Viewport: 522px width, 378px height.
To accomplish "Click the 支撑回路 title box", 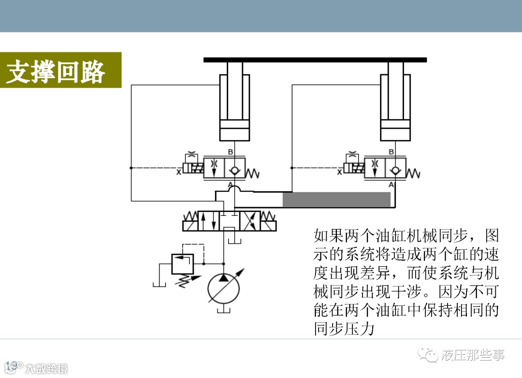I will tap(56, 70).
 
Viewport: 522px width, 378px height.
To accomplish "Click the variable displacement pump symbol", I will tap(223, 288).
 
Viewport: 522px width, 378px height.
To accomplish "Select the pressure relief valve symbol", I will tap(182, 264).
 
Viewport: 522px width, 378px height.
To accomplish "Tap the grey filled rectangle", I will tap(336, 199).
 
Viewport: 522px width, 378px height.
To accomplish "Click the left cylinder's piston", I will tap(234, 131).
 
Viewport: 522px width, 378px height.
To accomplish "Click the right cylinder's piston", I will tap(395, 131).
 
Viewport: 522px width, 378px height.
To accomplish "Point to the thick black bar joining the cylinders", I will tap(315, 60).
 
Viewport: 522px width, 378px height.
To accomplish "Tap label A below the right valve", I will tap(391, 185).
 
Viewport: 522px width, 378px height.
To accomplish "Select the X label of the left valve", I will tap(179, 172).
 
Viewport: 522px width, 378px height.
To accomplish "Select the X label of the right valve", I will tap(339, 172).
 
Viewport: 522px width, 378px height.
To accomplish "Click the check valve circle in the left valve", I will tap(235, 169).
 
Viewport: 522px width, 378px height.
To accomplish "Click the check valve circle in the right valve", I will tap(395, 169).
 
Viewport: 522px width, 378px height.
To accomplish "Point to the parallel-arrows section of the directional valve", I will tap(208, 221).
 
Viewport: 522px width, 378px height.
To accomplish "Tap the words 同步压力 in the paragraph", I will tap(344, 329).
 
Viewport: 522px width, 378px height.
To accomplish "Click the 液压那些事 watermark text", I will tap(473, 356).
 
